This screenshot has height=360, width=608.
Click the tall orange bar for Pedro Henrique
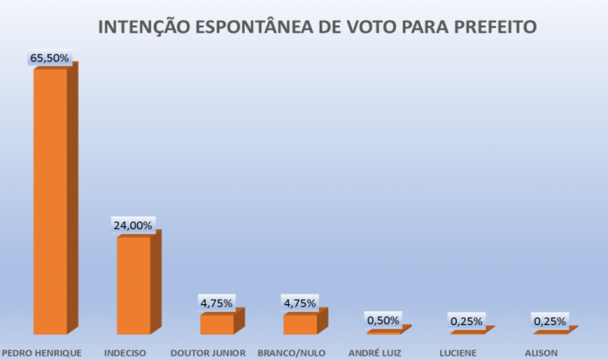pyautogui.click(x=51, y=201)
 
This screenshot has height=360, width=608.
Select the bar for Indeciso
pyautogui.click(x=134, y=285)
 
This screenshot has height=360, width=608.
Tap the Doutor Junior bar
pyautogui.click(x=218, y=324)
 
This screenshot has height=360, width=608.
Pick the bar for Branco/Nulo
pyautogui.click(x=301, y=324)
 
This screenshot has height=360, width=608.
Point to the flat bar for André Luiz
pyautogui.click(x=383, y=332)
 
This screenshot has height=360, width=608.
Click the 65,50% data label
pyautogui.click(x=50, y=58)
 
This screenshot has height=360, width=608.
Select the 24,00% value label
pyautogui.click(x=133, y=225)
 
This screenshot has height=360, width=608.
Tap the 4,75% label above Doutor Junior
pyautogui.click(x=217, y=303)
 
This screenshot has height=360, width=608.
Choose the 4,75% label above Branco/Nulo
pyautogui.click(x=300, y=303)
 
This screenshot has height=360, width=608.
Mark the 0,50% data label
pyautogui.click(x=383, y=321)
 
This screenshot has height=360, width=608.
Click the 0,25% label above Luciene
pyautogui.click(x=466, y=322)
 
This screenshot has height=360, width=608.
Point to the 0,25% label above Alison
pyautogui.click(x=549, y=322)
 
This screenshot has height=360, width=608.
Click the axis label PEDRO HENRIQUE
pyautogui.click(x=42, y=353)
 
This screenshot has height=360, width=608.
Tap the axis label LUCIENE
pyautogui.click(x=459, y=353)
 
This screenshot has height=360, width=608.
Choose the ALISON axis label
pyautogui.click(x=542, y=353)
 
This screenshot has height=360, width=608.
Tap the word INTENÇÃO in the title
pyautogui.click(x=141, y=27)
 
